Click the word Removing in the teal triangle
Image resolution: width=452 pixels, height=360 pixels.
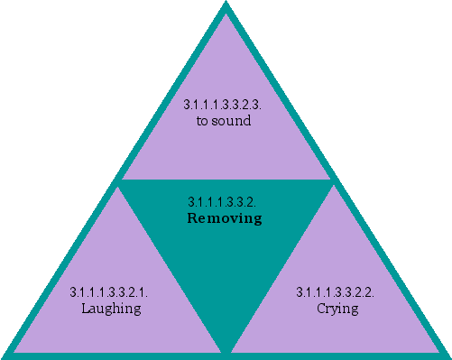225,218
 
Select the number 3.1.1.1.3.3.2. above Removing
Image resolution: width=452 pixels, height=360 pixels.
225,202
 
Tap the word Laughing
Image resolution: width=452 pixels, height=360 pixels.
109,309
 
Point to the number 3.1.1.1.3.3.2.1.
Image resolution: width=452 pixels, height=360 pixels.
109,293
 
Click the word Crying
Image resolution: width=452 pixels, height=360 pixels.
337,309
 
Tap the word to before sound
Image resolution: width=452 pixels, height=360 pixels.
203,121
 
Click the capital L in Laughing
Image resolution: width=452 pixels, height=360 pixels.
83,309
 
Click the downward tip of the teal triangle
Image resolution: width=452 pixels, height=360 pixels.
226,347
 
